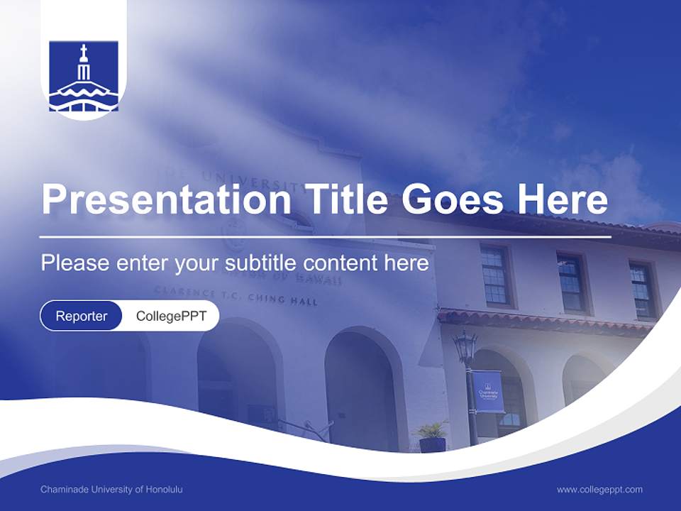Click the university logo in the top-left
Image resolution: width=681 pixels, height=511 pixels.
pyautogui.click(x=84, y=77)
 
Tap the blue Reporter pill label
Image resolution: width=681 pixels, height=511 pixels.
pyautogui.click(x=82, y=317)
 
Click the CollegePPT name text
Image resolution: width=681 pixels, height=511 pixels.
pyautogui.click(x=171, y=317)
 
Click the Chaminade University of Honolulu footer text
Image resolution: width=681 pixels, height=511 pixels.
pyautogui.click(x=111, y=490)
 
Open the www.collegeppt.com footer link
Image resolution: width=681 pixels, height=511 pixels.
pyautogui.click(x=599, y=490)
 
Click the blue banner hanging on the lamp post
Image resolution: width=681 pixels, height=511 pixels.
pyautogui.click(x=489, y=391)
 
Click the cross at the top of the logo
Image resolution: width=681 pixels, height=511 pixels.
pyautogui.click(x=84, y=53)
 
